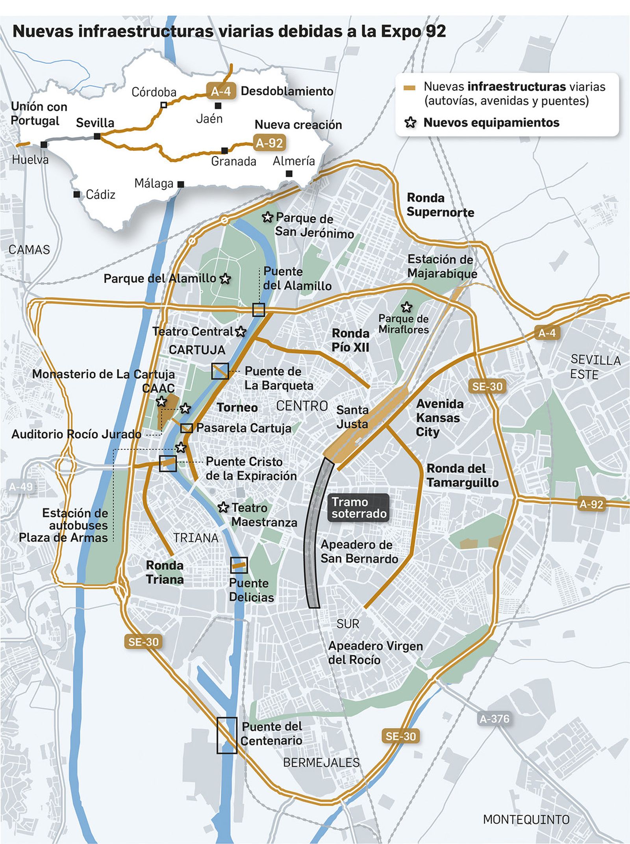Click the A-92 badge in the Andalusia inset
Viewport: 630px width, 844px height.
[269, 143]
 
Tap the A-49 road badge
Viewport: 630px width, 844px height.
[21, 487]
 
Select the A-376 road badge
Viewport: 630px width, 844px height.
[495, 719]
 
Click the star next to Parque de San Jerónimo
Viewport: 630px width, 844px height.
[267, 217]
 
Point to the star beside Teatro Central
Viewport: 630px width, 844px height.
[241, 332]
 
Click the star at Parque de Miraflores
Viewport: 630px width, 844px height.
[406, 307]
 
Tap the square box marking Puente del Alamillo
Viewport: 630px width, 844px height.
[258, 310]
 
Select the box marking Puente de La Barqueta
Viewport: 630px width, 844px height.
[220, 371]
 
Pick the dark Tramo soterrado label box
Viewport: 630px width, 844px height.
[359, 508]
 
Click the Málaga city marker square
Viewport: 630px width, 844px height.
[181, 184]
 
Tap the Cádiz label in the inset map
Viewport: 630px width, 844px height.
[100, 195]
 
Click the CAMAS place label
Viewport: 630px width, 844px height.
[29, 250]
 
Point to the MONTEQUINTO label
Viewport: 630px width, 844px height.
[526, 820]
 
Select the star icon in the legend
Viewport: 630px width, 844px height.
[410, 122]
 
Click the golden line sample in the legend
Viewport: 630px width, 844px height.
[410, 88]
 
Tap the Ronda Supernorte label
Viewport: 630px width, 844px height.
[440, 205]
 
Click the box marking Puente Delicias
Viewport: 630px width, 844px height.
[239, 565]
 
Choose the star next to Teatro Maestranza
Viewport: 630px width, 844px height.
[223, 507]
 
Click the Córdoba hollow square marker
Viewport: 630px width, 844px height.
[164, 105]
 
